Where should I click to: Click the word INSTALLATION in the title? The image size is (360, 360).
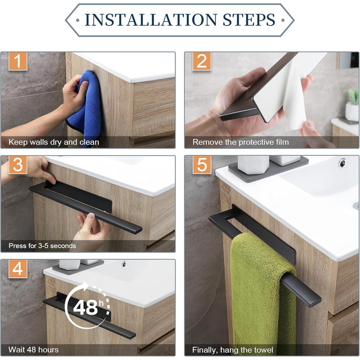(x=151, y=20)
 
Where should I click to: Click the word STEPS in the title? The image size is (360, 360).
(x=249, y=20)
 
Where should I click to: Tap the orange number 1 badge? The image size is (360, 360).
(x=18, y=61)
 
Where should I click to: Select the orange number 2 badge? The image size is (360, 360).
(x=202, y=61)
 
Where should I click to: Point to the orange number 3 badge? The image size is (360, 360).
(x=18, y=165)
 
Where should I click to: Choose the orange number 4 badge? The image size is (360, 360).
(x=18, y=269)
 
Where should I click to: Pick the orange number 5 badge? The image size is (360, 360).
(x=202, y=165)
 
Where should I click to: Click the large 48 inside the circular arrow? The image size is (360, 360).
(x=85, y=308)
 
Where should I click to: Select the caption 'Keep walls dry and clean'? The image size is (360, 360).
(x=53, y=142)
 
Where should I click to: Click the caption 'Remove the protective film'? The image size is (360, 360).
(x=241, y=142)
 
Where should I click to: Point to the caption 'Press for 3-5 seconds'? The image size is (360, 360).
(x=42, y=246)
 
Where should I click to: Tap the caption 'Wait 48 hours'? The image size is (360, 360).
(x=33, y=350)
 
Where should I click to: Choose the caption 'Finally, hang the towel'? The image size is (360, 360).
(x=232, y=350)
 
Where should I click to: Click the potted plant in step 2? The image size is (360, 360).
(x=353, y=105)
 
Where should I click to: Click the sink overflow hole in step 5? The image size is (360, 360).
(x=342, y=163)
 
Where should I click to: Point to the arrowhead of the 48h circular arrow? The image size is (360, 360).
(x=85, y=286)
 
